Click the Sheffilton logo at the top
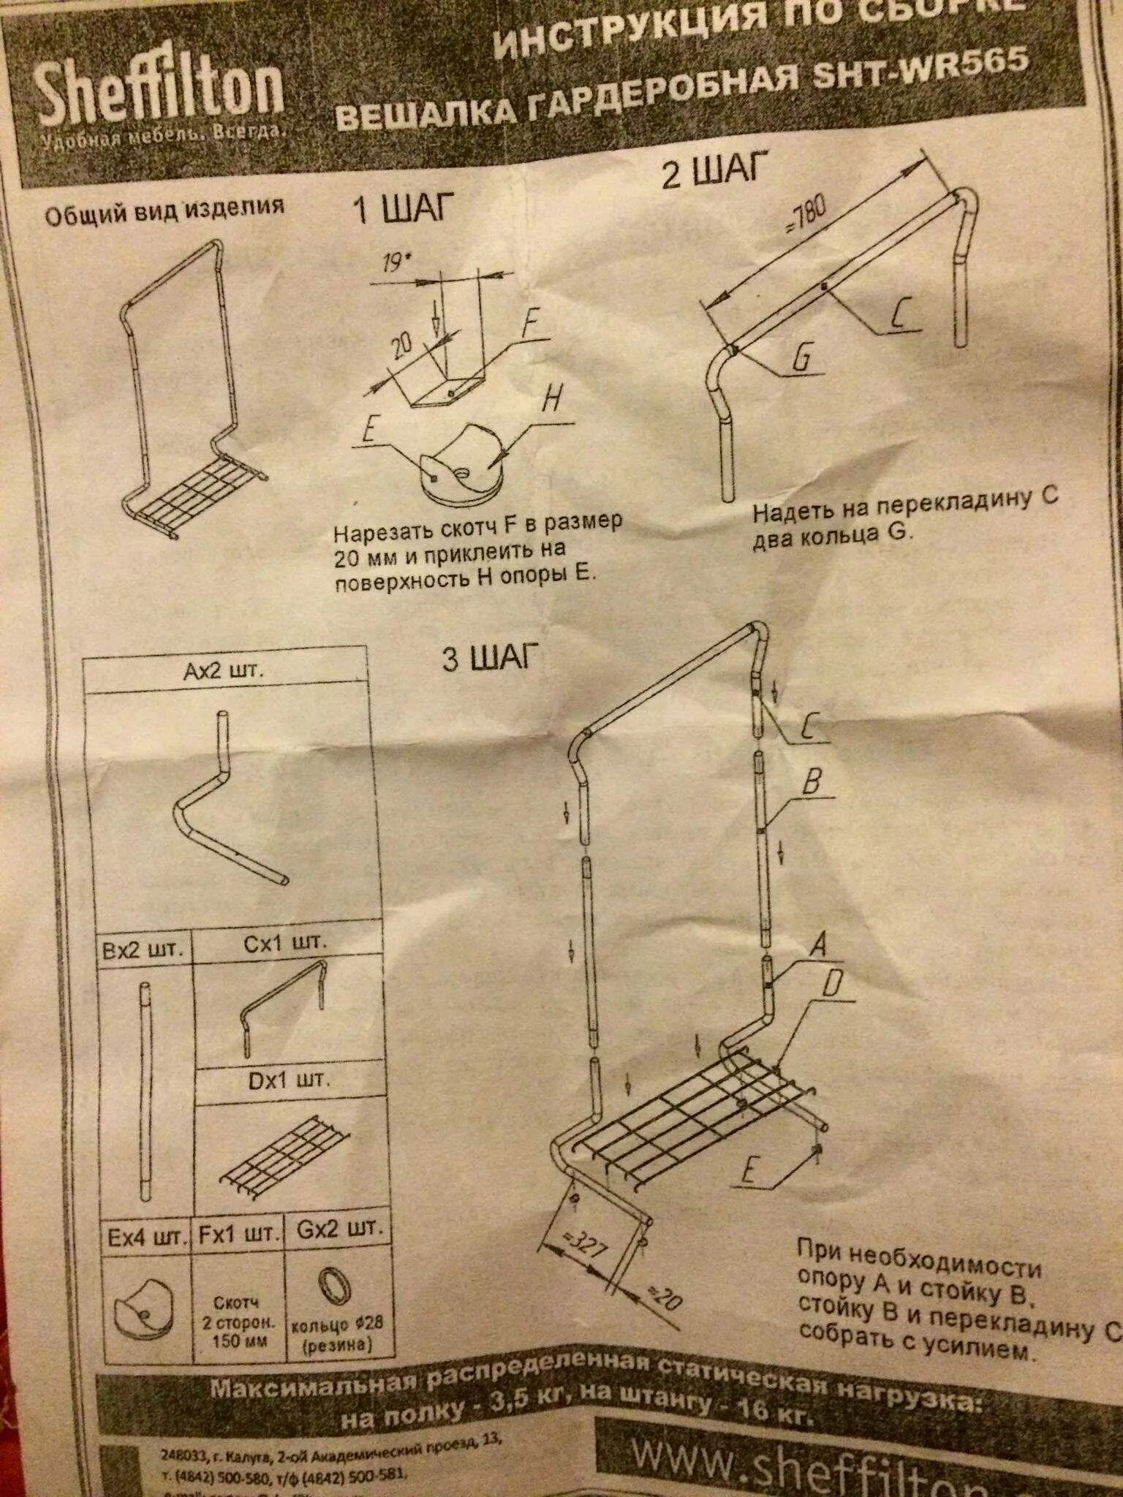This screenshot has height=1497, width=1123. point(159,94)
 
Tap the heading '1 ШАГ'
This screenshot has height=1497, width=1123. point(403,208)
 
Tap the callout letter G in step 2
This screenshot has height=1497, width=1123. point(802,358)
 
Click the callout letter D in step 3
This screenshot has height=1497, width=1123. point(831,985)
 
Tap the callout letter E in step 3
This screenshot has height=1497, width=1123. point(748,1171)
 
